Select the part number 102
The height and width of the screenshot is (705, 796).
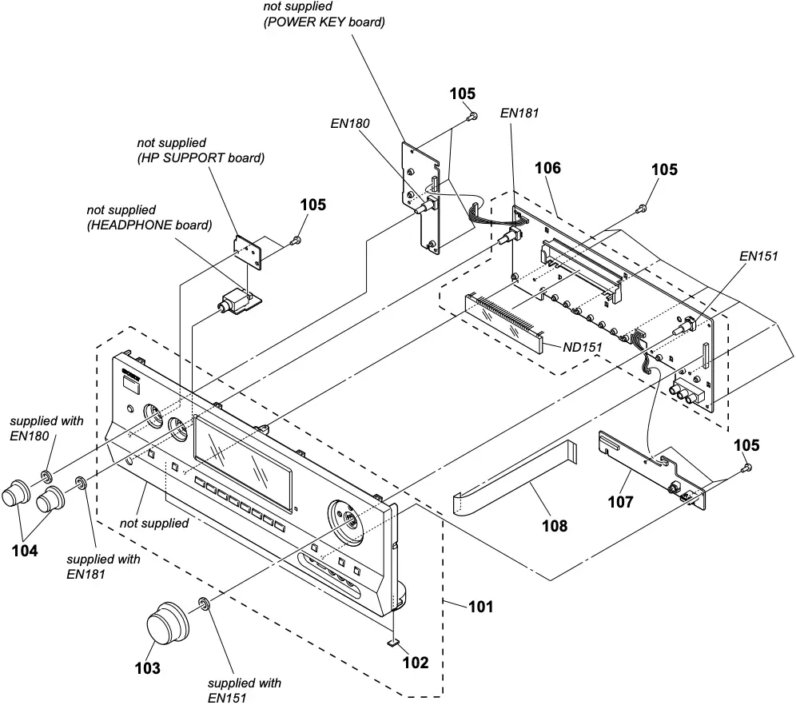pos(415,662)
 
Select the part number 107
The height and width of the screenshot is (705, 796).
pos(620,501)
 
